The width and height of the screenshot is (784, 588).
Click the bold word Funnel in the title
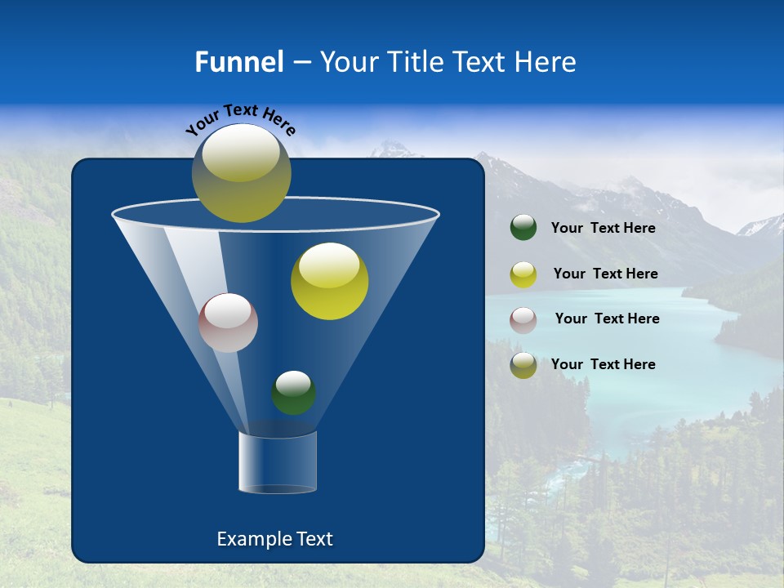pos(238,61)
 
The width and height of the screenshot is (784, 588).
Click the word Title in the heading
pos(415,61)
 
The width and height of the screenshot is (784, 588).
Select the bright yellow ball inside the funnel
pos(329,283)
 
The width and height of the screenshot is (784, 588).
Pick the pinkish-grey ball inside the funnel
pos(228,323)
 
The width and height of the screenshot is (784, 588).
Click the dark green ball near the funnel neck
pos(293,394)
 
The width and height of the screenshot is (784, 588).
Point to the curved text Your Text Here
pos(240,119)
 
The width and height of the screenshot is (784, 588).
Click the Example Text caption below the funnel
pos(274,539)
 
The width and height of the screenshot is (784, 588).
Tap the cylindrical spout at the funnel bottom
pos(278,462)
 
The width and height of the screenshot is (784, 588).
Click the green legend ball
pos(523,228)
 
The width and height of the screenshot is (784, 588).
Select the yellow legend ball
pos(523,274)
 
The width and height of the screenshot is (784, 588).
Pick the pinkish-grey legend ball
pos(523,319)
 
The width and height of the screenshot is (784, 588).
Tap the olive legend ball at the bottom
pos(523,365)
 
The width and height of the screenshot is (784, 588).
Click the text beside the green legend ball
pos(603,228)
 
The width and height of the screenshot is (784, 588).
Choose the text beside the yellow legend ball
pos(605,274)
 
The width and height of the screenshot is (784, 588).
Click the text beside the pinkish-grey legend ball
pos(607,318)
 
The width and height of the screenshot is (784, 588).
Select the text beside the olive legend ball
pos(603,364)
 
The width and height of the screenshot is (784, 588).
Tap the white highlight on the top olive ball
pos(241,155)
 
